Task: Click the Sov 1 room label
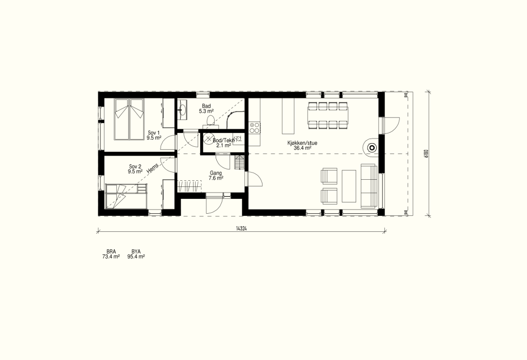(154, 135)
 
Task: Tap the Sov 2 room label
(135, 169)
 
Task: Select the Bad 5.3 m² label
(206, 109)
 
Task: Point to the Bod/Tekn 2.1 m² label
(223, 143)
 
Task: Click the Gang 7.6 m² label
(216, 176)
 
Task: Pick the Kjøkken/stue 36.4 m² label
(302, 145)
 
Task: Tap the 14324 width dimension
(241, 229)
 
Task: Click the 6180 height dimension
(426, 153)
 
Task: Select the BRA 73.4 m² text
(111, 254)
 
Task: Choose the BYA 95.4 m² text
(136, 254)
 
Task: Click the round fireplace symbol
(372, 147)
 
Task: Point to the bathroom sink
(183, 109)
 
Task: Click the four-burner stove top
(254, 128)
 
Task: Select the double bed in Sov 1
(129, 119)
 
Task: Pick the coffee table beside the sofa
(349, 186)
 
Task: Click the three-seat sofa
(369, 186)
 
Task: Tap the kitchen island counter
(288, 116)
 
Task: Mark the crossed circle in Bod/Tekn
(208, 140)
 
